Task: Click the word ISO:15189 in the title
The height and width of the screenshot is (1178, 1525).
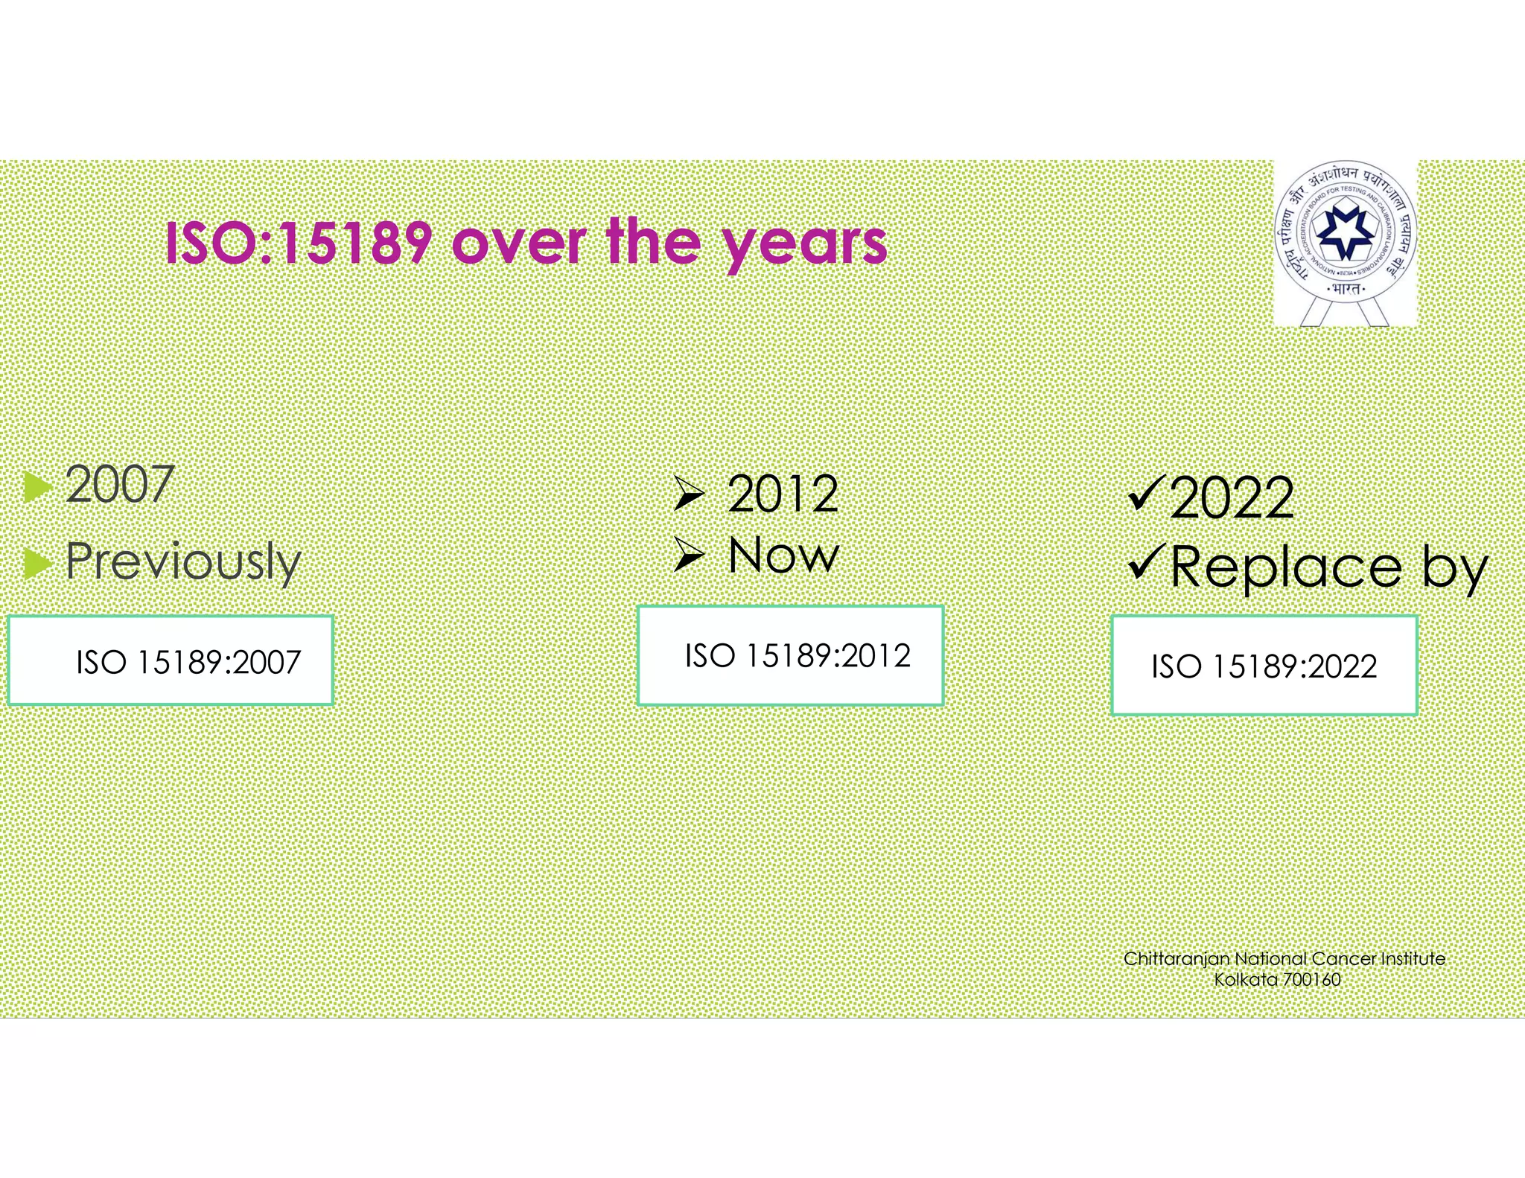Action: (x=298, y=243)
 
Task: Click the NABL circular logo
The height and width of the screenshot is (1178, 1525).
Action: (x=1345, y=237)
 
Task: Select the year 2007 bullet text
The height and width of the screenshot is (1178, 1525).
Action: (x=119, y=485)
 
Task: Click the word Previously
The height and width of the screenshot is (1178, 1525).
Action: (x=183, y=562)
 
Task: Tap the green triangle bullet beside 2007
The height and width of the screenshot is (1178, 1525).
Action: (x=37, y=488)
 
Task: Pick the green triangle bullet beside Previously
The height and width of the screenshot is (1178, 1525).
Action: (x=37, y=564)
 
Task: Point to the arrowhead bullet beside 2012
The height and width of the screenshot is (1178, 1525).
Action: (x=689, y=494)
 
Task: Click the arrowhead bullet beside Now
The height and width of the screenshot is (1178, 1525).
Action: (x=689, y=555)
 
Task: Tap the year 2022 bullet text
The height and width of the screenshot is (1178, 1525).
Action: (x=1232, y=498)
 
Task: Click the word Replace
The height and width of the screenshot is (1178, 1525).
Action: (x=1286, y=568)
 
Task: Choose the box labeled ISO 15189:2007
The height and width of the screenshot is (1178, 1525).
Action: (x=171, y=660)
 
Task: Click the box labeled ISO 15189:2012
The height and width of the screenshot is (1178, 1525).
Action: (x=790, y=655)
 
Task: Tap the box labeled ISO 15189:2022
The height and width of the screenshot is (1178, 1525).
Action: (x=1264, y=665)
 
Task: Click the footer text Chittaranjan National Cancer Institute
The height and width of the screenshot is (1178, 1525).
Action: (x=1284, y=958)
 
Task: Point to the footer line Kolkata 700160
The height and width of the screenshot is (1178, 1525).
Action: (x=1277, y=979)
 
